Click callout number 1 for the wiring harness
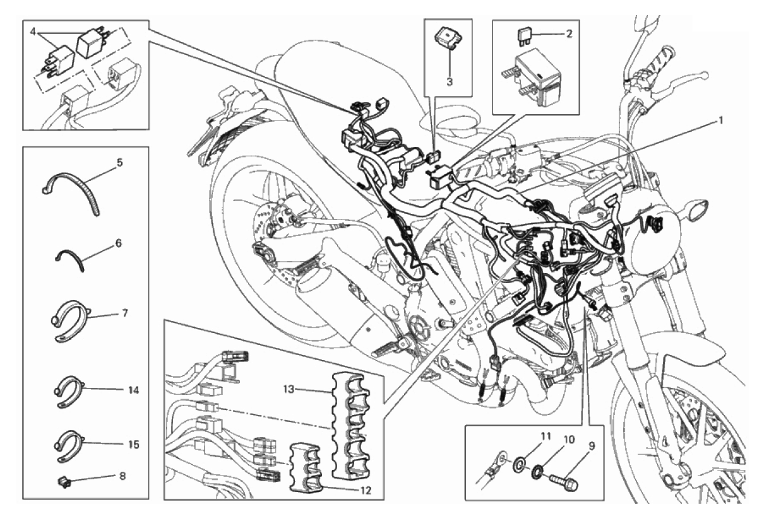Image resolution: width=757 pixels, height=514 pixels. tap(721, 120)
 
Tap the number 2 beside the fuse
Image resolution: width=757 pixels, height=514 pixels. tap(569, 34)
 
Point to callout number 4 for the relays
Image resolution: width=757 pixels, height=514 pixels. tap(33, 32)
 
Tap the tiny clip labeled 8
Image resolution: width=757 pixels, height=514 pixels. tap(63, 481)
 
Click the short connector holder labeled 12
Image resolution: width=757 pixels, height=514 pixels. tap(309, 467)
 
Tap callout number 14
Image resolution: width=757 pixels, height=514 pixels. tap(134, 390)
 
